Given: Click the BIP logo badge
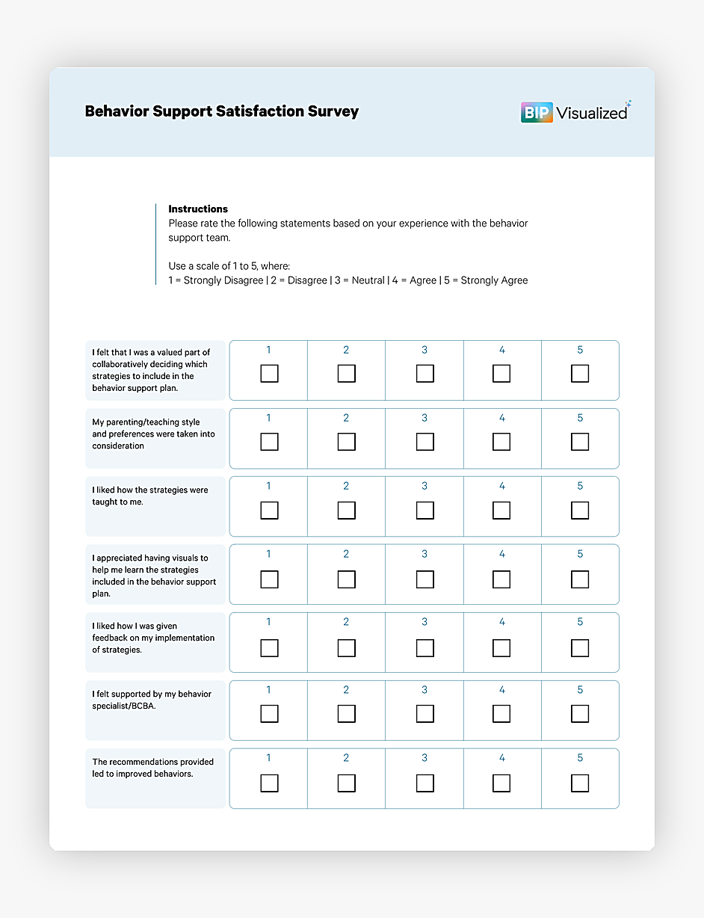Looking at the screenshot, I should coord(536,113).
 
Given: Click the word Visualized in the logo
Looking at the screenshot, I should coord(591,114).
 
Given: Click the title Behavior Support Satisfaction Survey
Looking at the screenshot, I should coord(222,111).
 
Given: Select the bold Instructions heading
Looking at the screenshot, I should coord(198,209).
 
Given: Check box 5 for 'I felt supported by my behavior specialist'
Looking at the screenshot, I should coord(580,714).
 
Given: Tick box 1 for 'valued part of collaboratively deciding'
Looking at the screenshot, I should coord(269,374).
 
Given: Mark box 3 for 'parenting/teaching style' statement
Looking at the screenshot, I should coord(424,442).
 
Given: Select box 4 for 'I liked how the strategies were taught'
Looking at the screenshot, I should coord(501,511).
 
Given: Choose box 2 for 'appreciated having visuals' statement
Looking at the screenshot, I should coord(346,579).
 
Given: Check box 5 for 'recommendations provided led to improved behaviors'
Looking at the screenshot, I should coord(580,783).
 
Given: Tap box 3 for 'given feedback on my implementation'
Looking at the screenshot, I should coord(424,647).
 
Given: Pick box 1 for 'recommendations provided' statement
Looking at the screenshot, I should coord(269,783).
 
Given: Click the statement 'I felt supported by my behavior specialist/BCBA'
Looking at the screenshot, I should coord(152,700).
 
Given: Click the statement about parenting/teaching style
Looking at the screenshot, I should coord(153,434).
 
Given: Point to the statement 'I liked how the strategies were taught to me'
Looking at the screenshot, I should coord(150,496).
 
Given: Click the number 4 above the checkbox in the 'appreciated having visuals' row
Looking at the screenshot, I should coord(502,554).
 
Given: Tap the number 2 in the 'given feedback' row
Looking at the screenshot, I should coord(346,622).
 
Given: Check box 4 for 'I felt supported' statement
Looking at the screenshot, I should coord(501,714).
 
